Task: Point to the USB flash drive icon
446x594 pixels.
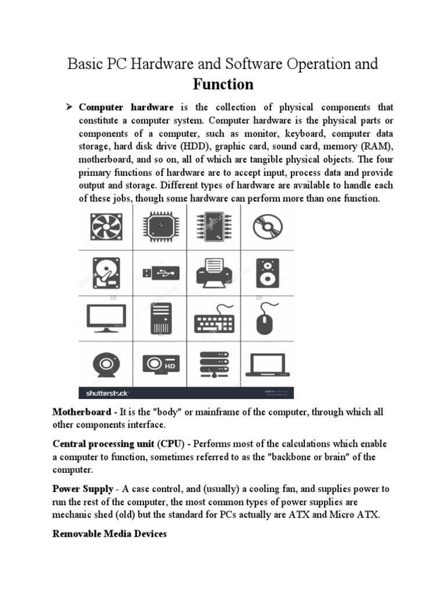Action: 160,273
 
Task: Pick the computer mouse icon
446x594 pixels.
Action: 266,318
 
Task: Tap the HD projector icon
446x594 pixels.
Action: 160,364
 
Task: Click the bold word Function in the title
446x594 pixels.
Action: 223,85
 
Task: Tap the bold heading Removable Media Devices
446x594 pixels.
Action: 110,534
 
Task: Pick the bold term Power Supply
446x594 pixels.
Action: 83,490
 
